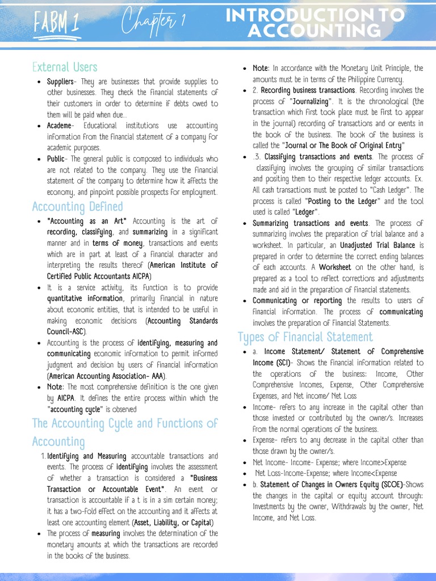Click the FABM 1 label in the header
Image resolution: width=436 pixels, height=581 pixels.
click(x=56, y=24)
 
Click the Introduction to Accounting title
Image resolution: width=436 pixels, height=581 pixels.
click(x=316, y=23)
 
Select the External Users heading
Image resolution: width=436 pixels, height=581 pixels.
click(x=65, y=68)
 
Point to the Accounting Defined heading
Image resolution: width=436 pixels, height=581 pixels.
click(x=77, y=206)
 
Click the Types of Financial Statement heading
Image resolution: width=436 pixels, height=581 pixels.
click(x=305, y=337)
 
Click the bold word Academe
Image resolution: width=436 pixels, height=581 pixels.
click(x=59, y=126)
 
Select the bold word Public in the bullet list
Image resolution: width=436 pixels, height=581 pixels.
click(x=57, y=159)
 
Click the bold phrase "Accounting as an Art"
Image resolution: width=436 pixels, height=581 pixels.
click(x=87, y=221)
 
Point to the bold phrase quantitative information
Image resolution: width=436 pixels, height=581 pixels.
click(x=85, y=298)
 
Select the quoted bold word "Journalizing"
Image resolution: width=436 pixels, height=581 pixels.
click(x=309, y=102)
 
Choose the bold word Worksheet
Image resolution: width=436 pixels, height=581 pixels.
click(x=334, y=267)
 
